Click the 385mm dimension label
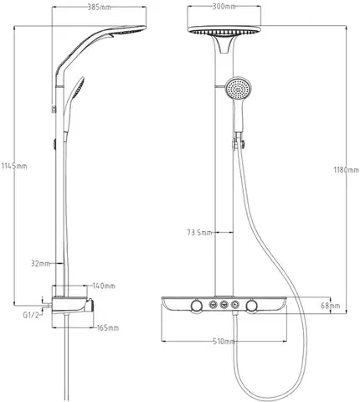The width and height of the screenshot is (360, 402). coord(99,8)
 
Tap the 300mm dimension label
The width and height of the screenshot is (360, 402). coord(224,7)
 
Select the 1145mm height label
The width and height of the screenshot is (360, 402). coord(14,166)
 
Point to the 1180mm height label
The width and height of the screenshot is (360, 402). coord(347,169)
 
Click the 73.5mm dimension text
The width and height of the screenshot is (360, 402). coord(199,232)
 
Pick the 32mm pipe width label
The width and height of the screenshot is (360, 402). coord(40,263)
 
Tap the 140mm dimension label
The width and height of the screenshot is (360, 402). coord(104,286)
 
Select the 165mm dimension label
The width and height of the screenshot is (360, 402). coord(107,327)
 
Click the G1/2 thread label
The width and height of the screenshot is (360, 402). coord(31,315)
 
